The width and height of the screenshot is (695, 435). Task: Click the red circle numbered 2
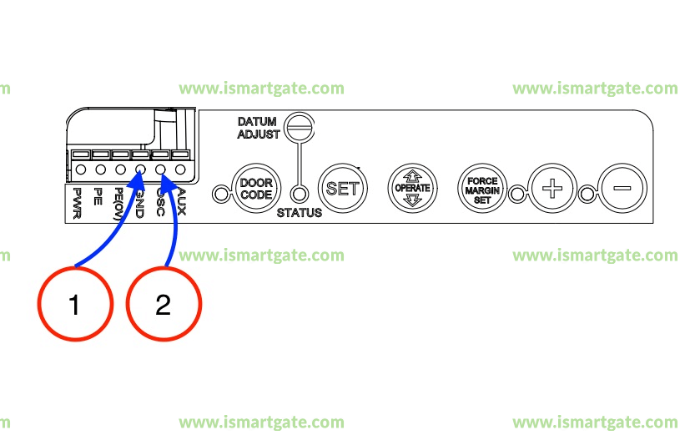[164, 304]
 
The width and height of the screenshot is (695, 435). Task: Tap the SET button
[341, 188]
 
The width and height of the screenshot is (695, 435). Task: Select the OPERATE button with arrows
[411, 188]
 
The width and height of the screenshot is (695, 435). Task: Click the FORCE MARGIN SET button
[482, 187]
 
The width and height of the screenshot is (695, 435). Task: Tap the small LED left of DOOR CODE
[220, 195]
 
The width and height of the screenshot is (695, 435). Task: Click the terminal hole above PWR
[81, 169]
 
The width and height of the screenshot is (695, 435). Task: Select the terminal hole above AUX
[179, 169]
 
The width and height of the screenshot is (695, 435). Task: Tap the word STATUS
[299, 213]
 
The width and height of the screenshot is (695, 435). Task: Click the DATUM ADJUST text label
[257, 128]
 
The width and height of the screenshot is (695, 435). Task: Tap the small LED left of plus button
[517, 195]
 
